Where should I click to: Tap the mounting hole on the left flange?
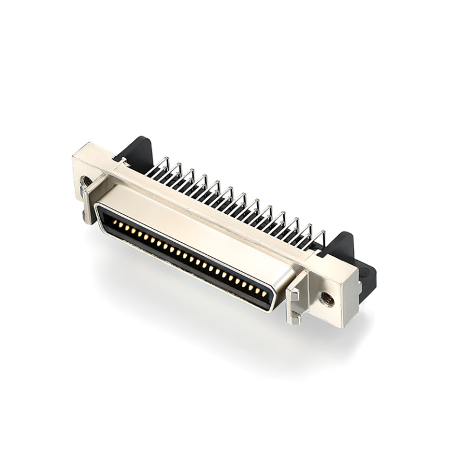coord(87,180)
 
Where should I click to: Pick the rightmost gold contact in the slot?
coord(264,294)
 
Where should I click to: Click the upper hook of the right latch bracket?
coord(293,293)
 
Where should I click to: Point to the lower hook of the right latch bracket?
coord(295,318)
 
